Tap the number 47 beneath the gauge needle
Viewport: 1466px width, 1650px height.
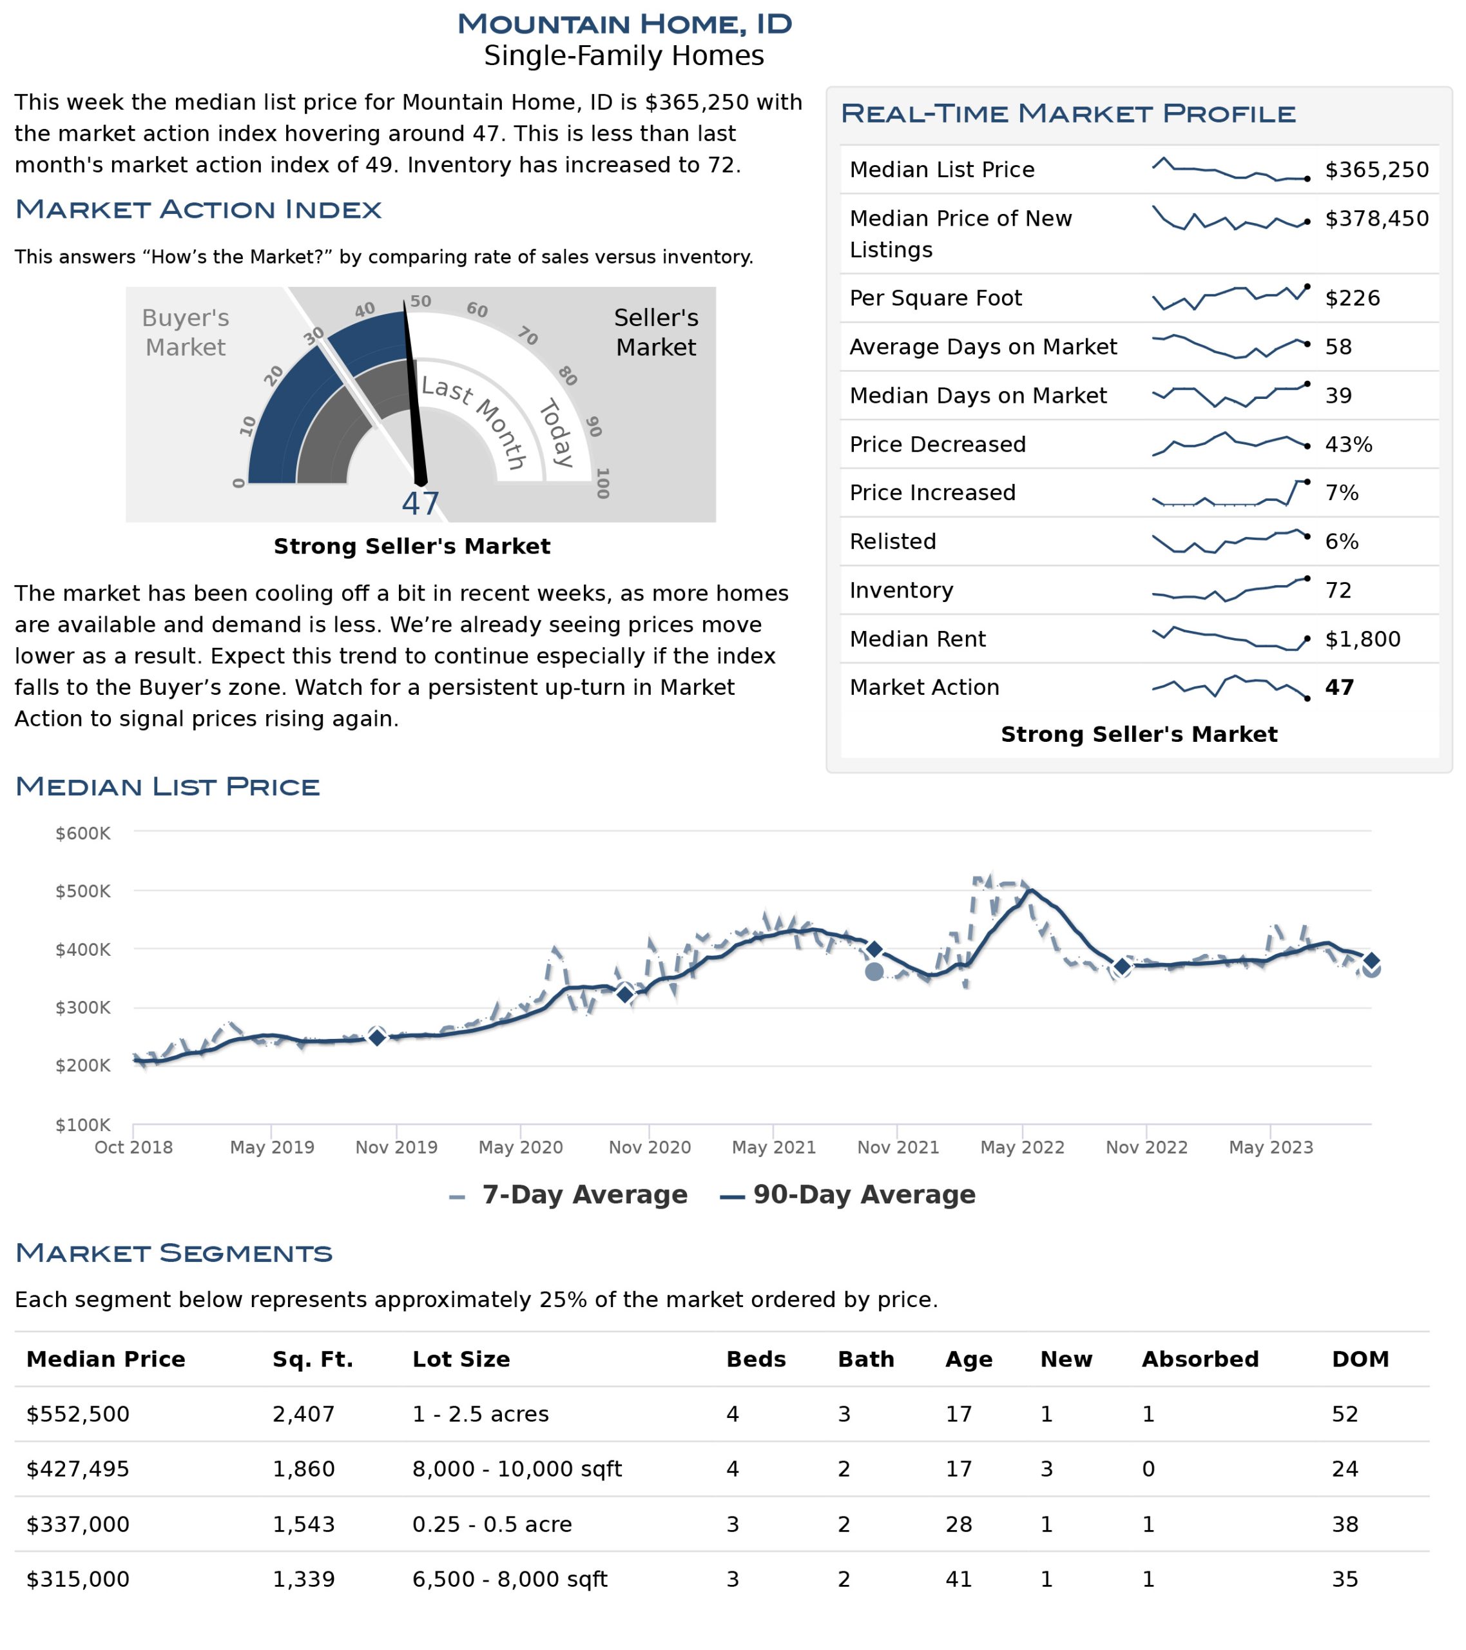(421, 505)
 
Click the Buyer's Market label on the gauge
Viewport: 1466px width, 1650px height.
(186, 333)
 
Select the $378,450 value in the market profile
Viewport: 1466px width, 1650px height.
(1376, 218)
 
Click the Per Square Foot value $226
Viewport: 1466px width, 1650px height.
(1352, 298)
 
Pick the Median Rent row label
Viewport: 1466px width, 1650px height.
(917, 639)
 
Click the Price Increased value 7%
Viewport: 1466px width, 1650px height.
(1342, 493)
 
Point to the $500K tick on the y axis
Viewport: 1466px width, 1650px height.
(82, 891)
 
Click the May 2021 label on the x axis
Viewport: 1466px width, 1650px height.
(773, 1147)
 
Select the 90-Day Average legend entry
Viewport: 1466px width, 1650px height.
(847, 1195)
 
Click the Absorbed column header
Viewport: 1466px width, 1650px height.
(1200, 1359)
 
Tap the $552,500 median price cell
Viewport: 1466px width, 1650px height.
(77, 1414)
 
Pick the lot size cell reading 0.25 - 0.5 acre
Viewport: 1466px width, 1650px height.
(492, 1525)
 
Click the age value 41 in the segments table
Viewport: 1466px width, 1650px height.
(958, 1580)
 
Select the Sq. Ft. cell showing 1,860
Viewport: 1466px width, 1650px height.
(304, 1469)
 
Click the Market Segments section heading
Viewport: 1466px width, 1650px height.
(173, 1254)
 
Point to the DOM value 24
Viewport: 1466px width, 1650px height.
(1344, 1469)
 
